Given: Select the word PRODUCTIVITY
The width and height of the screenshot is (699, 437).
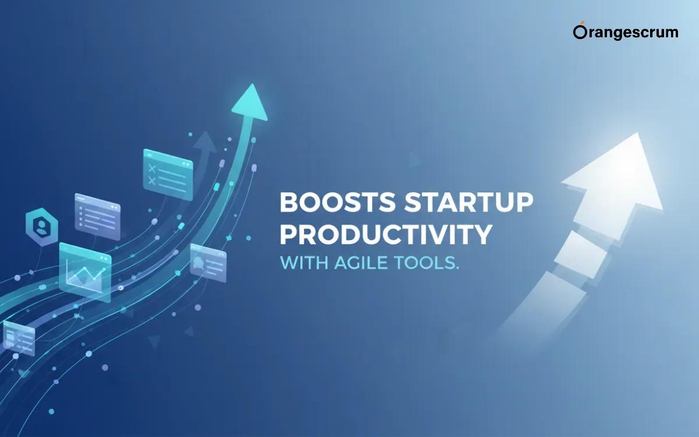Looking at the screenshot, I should click(385, 234).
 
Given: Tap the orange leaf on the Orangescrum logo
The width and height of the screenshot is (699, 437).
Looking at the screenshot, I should click(577, 25).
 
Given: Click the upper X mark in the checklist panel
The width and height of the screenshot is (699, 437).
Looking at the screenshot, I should click(153, 168).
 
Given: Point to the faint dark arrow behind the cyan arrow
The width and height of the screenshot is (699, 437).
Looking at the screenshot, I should click(204, 143).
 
